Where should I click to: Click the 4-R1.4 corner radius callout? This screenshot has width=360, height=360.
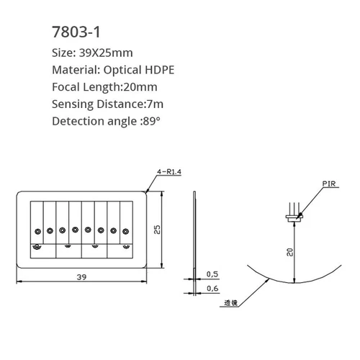coord(170,171)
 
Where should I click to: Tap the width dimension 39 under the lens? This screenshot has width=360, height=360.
coord(82,277)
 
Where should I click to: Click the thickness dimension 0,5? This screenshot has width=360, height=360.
coord(212,274)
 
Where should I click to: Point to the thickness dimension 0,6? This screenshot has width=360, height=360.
coord(212,289)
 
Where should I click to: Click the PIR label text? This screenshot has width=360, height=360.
coord(330,184)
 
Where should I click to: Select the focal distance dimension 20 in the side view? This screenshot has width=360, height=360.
coord(288,251)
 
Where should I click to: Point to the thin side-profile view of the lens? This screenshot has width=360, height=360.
coord(195,238)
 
